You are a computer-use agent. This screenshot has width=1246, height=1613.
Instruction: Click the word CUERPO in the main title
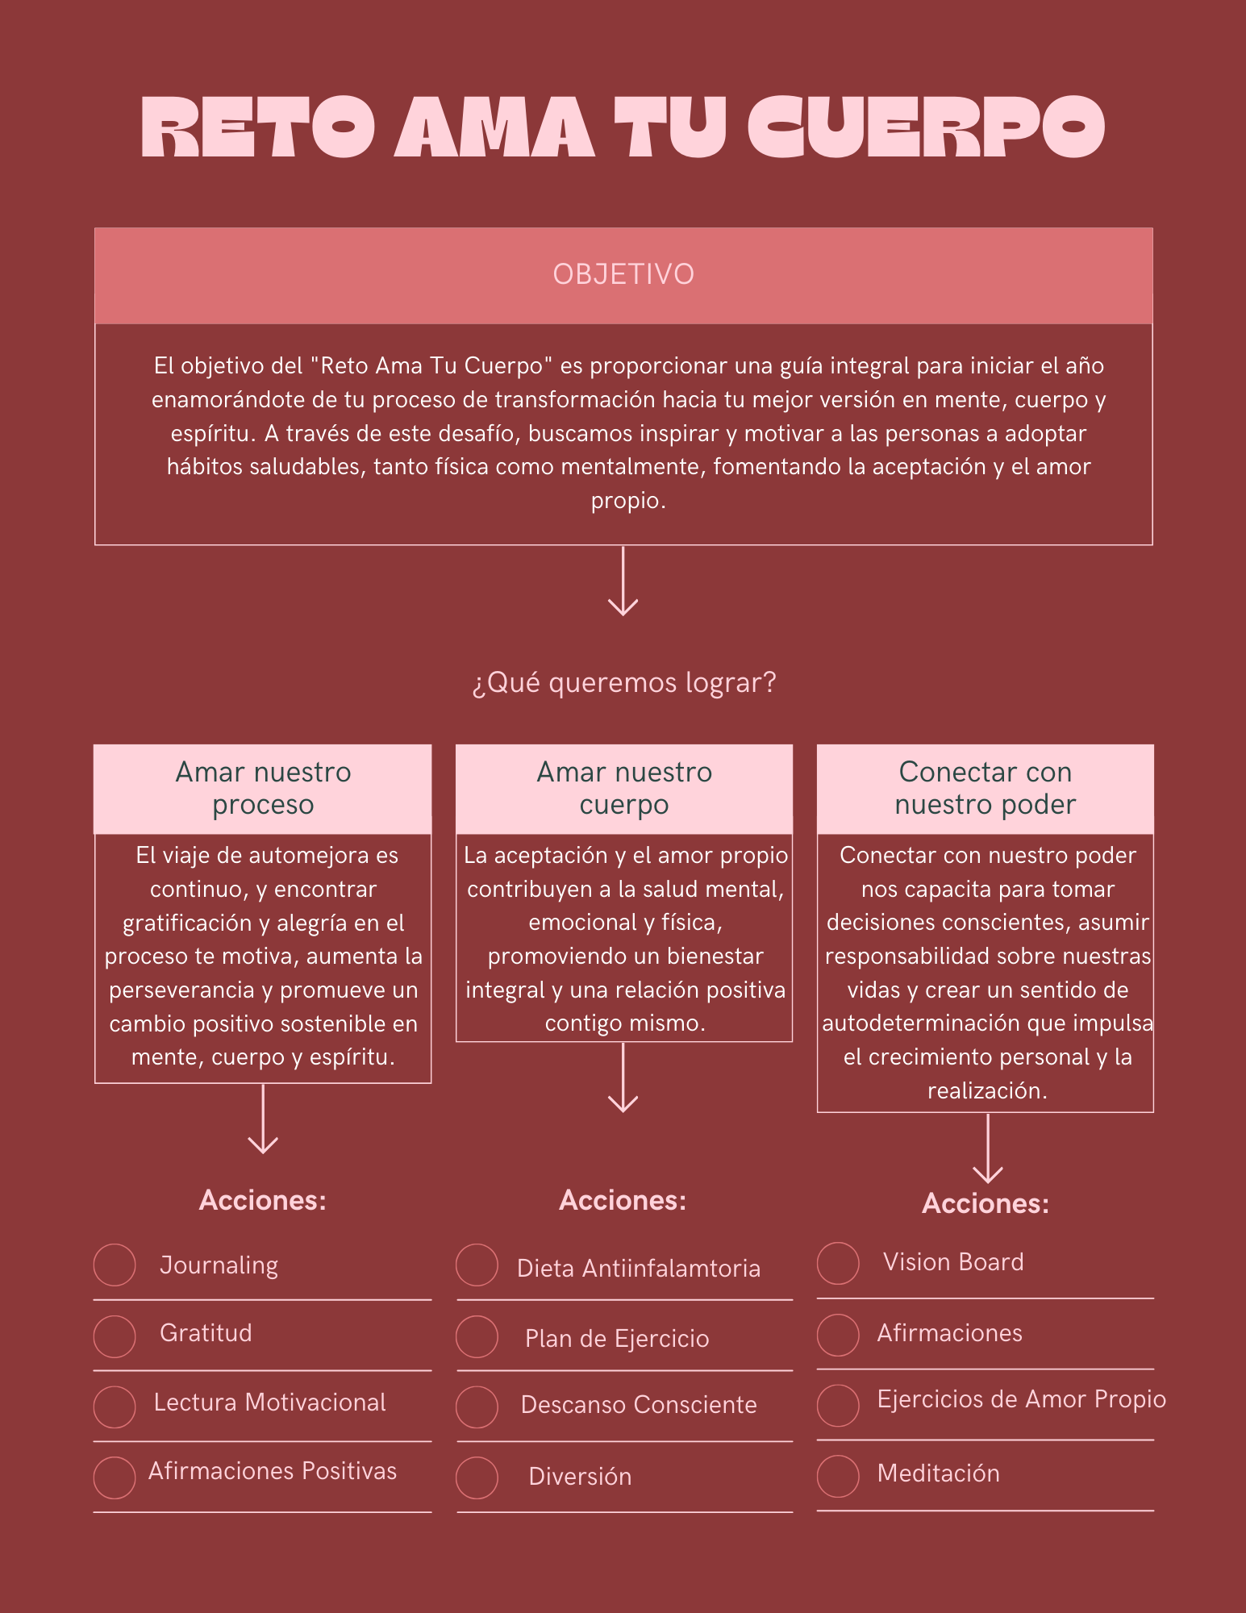click(x=926, y=127)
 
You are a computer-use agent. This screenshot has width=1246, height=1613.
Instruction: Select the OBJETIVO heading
click(x=623, y=274)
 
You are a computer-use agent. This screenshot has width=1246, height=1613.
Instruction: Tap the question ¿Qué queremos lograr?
click(x=623, y=683)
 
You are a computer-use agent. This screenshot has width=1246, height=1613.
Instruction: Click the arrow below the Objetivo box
click(x=623, y=581)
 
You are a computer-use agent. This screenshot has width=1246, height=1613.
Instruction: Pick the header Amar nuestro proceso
click(x=263, y=788)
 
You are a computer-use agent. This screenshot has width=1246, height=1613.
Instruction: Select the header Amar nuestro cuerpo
click(x=624, y=788)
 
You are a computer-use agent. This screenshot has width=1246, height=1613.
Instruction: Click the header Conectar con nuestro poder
click(x=986, y=788)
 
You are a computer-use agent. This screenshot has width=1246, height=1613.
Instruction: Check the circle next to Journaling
click(x=115, y=1265)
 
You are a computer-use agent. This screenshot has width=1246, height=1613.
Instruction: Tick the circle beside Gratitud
click(x=115, y=1336)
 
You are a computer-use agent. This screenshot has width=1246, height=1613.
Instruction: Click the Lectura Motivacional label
click(x=269, y=1403)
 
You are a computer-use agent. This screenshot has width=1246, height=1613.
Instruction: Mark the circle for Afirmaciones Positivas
click(x=115, y=1478)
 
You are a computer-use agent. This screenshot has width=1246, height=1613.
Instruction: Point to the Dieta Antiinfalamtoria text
click(x=639, y=1269)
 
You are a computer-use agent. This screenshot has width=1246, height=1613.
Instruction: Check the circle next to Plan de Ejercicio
click(x=477, y=1336)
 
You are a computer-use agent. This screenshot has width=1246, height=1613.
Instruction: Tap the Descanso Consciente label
click(x=639, y=1405)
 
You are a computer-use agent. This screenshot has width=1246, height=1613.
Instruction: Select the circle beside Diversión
click(x=477, y=1478)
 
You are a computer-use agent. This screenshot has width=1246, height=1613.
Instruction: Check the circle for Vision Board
click(x=838, y=1263)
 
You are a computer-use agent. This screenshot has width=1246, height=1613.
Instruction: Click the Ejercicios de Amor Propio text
click(x=1022, y=1399)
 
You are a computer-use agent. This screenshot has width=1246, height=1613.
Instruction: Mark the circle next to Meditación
click(x=838, y=1476)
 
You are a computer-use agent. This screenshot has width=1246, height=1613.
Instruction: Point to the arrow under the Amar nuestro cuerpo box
click(x=623, y=1078)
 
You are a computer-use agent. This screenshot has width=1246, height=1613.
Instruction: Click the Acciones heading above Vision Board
click(x=986, y=1203)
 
